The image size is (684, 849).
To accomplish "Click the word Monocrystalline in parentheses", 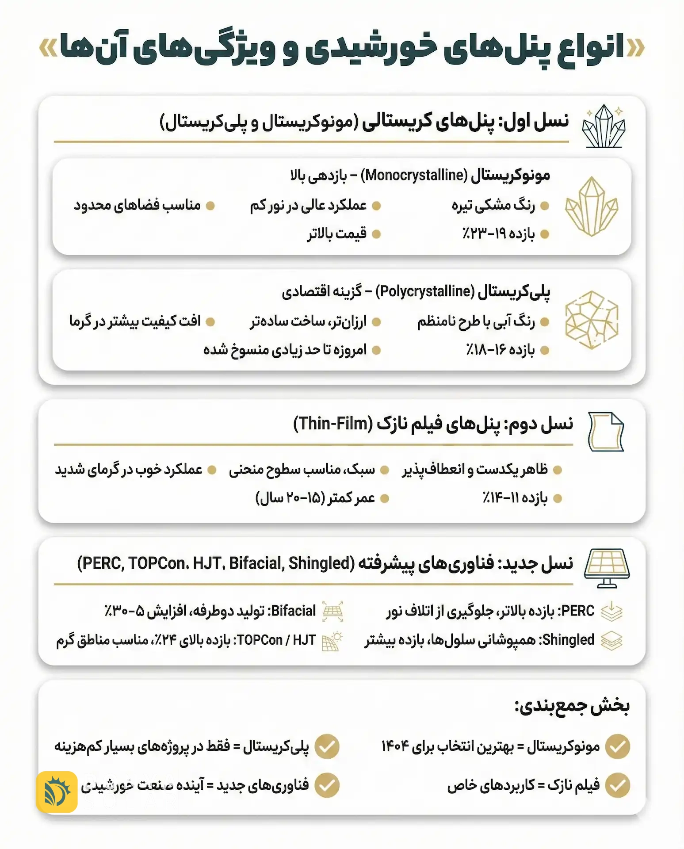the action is click(414, 176).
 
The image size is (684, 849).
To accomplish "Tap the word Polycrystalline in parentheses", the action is click(425, 291).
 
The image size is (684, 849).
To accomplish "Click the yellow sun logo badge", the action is click(57, 792).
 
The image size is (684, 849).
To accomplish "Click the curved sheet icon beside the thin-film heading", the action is click(606, 431).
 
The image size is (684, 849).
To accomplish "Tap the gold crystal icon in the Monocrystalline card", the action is click(592, 206).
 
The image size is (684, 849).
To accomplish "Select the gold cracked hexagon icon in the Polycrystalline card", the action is click(592, 320).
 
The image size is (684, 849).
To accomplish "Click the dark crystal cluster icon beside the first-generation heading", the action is click(604, 126).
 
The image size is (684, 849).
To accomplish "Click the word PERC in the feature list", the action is click(578, 611).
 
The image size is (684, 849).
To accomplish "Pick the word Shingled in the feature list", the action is click(568, 640).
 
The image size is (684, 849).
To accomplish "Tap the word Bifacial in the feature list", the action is click(294, 611).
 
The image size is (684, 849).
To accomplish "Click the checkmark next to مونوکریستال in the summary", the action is click(617, 746).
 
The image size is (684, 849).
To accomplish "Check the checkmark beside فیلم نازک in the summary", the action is click(617, 785).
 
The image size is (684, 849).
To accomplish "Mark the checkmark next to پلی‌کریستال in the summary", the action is click(327, 746).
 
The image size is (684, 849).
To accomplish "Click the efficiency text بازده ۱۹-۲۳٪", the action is click(498, 233).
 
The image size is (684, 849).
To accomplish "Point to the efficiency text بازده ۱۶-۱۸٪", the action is click(500, 350).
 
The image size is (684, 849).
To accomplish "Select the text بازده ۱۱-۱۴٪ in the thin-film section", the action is click(515, 498).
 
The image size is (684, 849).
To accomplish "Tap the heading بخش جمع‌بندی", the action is click(572, 706).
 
